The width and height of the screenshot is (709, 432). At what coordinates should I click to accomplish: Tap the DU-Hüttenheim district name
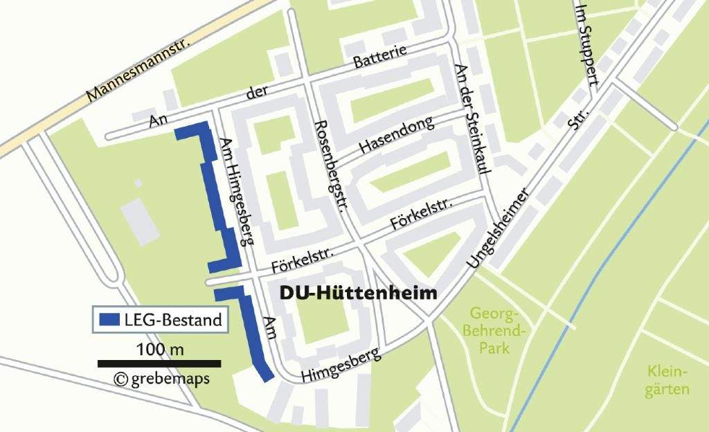(358, 293)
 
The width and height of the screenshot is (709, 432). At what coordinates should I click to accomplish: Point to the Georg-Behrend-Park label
(495, 330)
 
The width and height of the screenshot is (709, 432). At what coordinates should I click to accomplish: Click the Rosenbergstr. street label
(330, 165)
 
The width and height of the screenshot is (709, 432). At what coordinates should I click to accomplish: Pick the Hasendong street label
(397, 135)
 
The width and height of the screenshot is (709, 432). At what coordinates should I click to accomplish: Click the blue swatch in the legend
(109, 320)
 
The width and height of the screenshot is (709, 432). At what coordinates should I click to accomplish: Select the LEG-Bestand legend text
(173, 320)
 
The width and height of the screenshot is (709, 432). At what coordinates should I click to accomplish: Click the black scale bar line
(159, 363)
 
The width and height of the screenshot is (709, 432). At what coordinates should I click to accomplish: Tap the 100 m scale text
(160, 349)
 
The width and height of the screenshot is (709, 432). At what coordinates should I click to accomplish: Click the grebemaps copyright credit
(161, 379)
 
